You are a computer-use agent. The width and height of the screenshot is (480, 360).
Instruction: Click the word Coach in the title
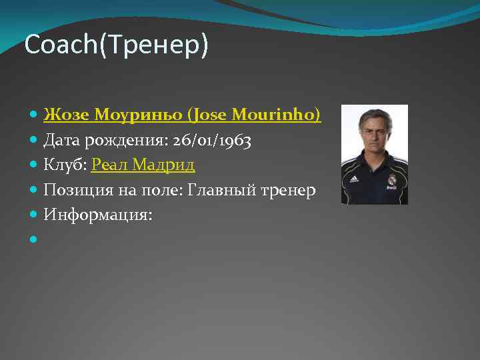click(61, 45)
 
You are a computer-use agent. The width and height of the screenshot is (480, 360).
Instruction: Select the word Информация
click(97, 215)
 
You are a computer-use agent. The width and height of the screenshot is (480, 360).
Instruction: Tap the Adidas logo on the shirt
click(355, 179)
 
